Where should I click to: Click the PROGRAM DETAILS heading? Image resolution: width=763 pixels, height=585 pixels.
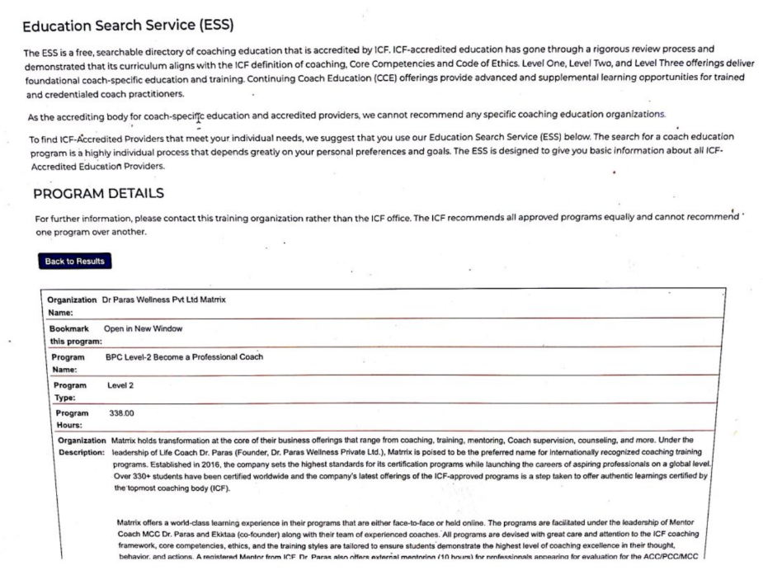coord(99,193)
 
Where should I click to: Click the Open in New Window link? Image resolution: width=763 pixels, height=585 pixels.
coord(143,328)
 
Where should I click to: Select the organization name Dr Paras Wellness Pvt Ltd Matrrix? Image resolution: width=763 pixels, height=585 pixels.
coord(163,300)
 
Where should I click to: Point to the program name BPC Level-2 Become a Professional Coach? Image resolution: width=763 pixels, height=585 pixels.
coord(186,356)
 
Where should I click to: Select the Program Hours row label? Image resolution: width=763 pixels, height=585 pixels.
coord(73,418)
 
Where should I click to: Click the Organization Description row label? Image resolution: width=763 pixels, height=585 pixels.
coord(80,446)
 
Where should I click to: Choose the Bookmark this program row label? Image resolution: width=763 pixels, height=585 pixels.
coord(74,334)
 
